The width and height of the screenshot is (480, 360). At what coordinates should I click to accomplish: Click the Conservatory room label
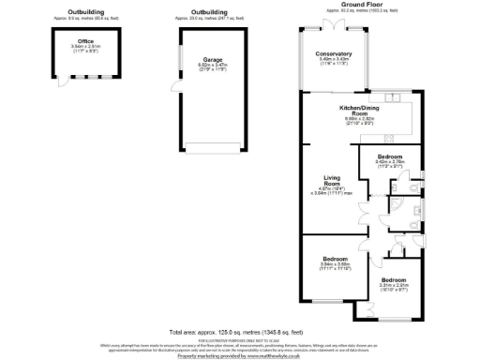tap(334, 53)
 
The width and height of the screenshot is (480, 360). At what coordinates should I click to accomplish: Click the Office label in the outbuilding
tap(85, 41)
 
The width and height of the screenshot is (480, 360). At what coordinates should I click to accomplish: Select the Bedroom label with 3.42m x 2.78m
tap(389, 156)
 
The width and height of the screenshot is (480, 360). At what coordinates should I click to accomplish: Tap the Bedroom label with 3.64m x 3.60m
tap(335, 258)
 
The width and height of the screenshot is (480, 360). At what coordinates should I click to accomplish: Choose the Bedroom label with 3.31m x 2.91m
tap(394, 280)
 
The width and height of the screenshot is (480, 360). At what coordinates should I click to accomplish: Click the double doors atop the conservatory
tap(330, 22)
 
